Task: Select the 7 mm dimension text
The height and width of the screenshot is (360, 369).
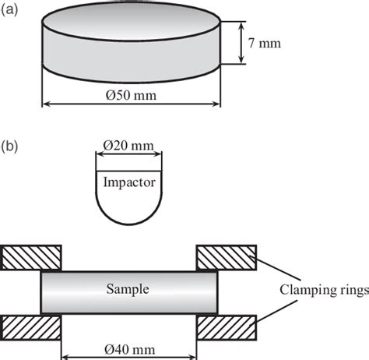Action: point(264,43)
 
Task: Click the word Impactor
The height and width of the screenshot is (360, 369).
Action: point(129,184)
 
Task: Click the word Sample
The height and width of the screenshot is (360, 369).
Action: point(128,288)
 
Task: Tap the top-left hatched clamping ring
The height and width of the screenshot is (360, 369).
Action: point(32,256)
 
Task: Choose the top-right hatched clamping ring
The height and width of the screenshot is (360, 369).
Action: point(226,256)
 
